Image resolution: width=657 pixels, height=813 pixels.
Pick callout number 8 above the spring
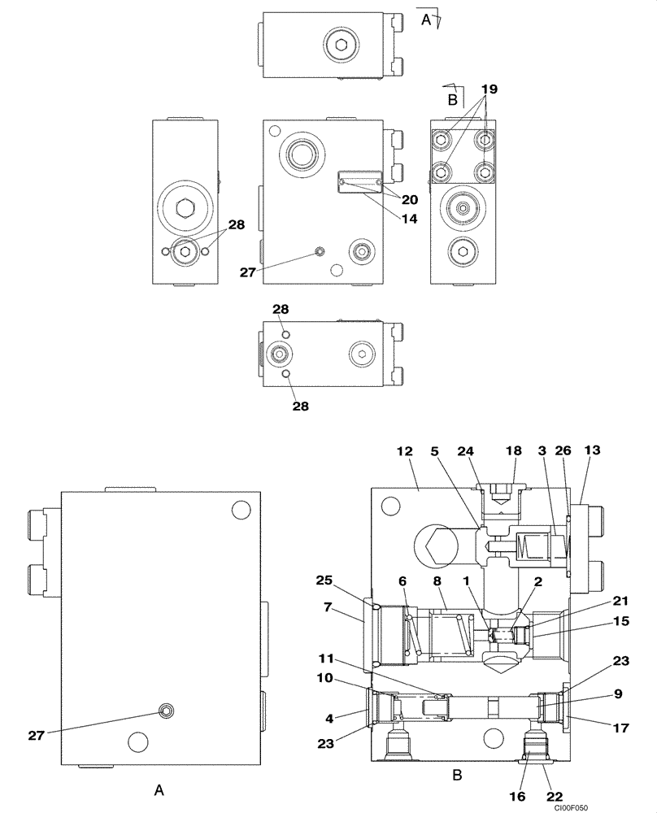pyautogui.click(x=437, y=582)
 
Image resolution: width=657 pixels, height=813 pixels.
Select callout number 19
pyautogui.click(x=488, y=89)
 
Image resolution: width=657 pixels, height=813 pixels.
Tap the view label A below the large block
pyautogui.click(x=159, y=789)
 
